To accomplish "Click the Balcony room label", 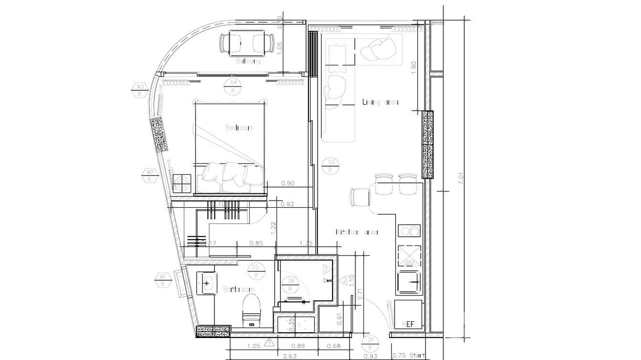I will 249,61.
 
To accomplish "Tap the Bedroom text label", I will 239,127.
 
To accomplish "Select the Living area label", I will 380,102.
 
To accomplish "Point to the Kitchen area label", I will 357,232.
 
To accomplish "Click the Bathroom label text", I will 239,289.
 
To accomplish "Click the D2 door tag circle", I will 330,165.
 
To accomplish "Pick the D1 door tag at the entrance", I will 370,343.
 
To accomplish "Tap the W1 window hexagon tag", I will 162,280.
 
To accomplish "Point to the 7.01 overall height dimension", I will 460,179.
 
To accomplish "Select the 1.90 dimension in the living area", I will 414,67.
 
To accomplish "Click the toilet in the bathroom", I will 251,308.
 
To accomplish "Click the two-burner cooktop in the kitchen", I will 409,231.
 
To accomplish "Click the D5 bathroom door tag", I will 256,271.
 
